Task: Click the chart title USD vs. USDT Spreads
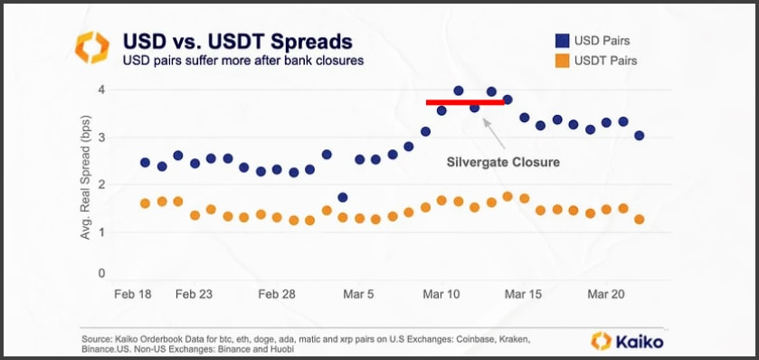pyautogui.click(x=238, y=43)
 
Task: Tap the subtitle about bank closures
pyautogui.click(x=243, y=61)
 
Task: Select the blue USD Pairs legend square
pyautogui.click(x=562, y=41)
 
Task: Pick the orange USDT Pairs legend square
pyautogui.click(x=562, y=62)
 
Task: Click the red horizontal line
pyautogui.click(x=465, y=102)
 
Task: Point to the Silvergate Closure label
pyautogui.click(x=503, y=162)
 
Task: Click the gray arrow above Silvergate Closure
pyautogui.click(x=494, y=134)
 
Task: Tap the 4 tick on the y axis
pyautogui.click(x=101, y=90)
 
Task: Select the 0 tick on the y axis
pyautogui.click(x=101, y=273)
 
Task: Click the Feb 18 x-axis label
pyautogui.click(x=133, y=294)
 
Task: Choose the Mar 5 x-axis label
pyautogui.click(x=358, y=294)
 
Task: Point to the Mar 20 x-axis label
pyautogui.click(x=605, y=294)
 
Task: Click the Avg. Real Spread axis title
pyautogui.click(x=85, y=176)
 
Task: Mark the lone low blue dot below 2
pyautogui.click(x=343, y=197)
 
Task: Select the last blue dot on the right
pyautogui.click(x=639, y=136)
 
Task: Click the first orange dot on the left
pyautogui.click(x=146, y=204)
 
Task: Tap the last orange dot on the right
pyautogui.click(x=639, y=219)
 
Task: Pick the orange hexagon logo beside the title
pyautogui.click(x=92, y=47)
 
